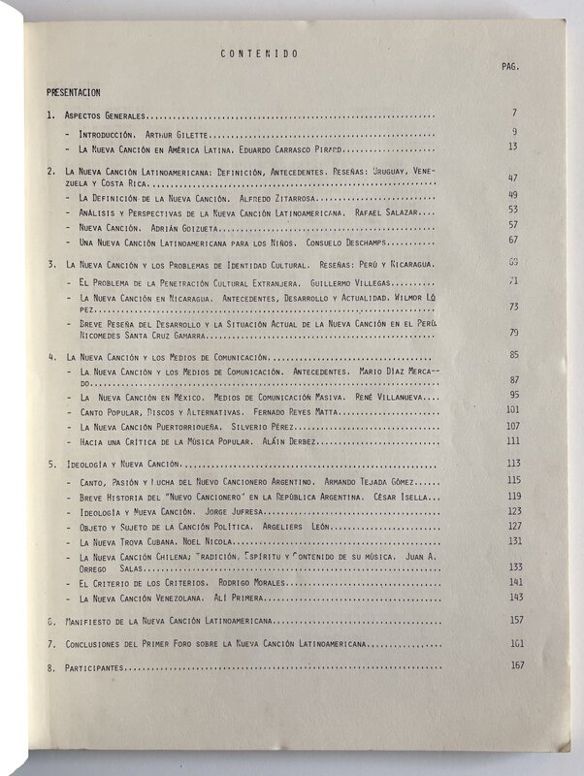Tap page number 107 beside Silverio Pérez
tap(514, 425)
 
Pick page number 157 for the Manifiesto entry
tap(514, 619)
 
